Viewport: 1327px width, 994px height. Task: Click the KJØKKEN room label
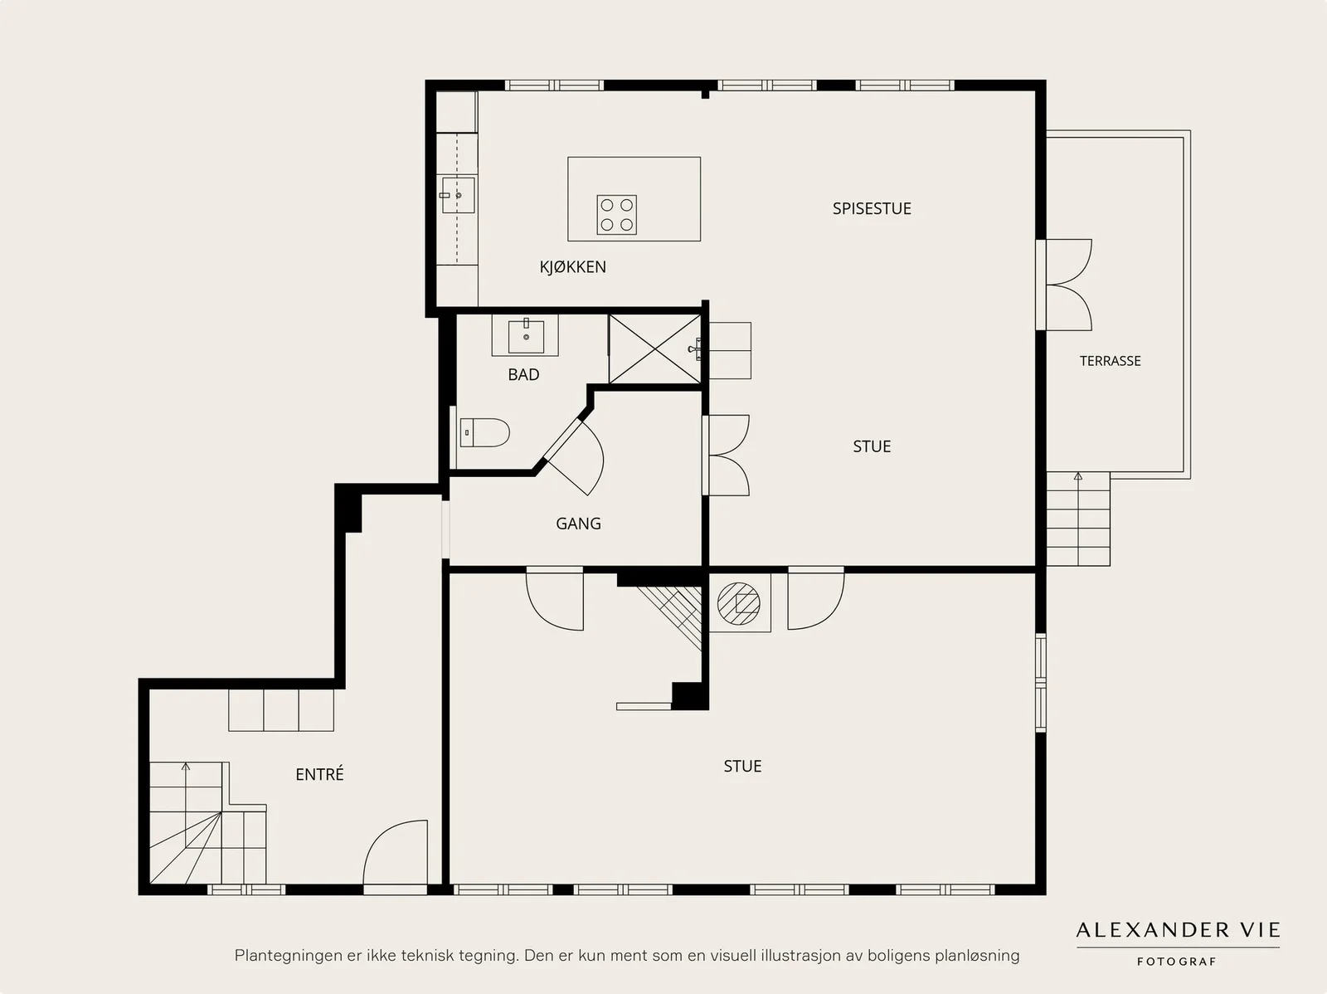[572, 266]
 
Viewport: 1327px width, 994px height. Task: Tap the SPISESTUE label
[871, 208]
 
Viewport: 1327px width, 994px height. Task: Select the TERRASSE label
[1110, 361]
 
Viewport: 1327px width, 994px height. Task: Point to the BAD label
[523, 375]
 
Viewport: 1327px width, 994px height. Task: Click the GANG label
[579, 524]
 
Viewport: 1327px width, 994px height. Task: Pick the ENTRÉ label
[319, 774]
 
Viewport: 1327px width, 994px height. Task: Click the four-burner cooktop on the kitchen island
[617, 215]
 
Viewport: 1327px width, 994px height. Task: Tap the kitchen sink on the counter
[458, 195]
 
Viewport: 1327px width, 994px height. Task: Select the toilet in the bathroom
[484, 433]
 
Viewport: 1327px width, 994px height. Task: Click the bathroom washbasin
[525, 336]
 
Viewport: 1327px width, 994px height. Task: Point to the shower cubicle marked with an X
[655, 348]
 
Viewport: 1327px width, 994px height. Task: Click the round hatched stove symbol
[738, 603]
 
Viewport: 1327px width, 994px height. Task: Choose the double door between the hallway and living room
[726, 456]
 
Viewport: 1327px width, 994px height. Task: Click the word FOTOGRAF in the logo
[1176, 962]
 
